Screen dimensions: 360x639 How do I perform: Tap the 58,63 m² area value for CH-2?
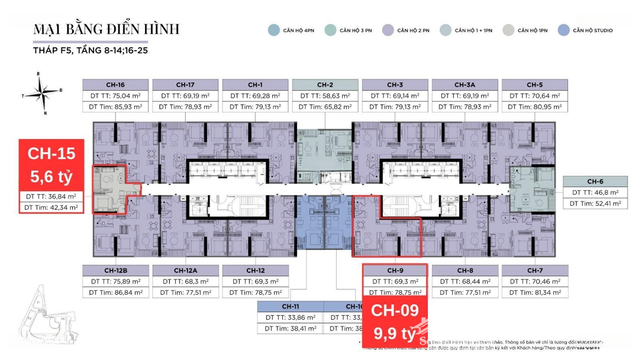pos(325,95)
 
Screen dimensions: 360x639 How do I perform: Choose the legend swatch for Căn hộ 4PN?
pos(273,30)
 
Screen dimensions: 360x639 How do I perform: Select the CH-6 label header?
pos(595,181)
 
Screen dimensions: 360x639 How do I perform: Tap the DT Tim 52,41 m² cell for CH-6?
pos(595,203)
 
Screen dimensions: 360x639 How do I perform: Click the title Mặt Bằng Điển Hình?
pos(106,29)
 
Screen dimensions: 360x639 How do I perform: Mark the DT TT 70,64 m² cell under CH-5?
pos(534,95)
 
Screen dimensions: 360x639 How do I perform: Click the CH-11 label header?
pos(290,306)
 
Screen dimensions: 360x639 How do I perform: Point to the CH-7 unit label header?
pos(534,271)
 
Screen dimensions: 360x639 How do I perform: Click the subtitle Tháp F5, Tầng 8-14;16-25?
pos(91,52)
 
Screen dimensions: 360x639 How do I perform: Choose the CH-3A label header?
pos(464,85)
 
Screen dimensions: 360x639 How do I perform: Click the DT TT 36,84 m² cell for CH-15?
pos(51,196)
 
